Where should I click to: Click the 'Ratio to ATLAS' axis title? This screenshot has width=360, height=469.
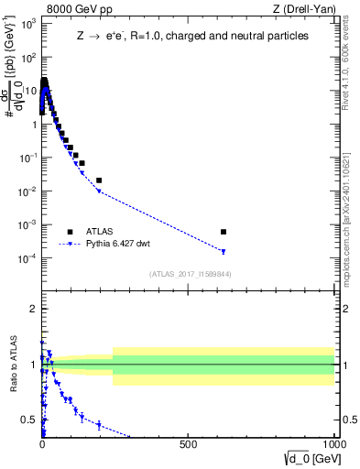coord(16,365)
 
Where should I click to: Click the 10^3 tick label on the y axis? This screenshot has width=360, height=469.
coord(28,24)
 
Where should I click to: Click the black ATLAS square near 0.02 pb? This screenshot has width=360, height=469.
coord(99,180)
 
